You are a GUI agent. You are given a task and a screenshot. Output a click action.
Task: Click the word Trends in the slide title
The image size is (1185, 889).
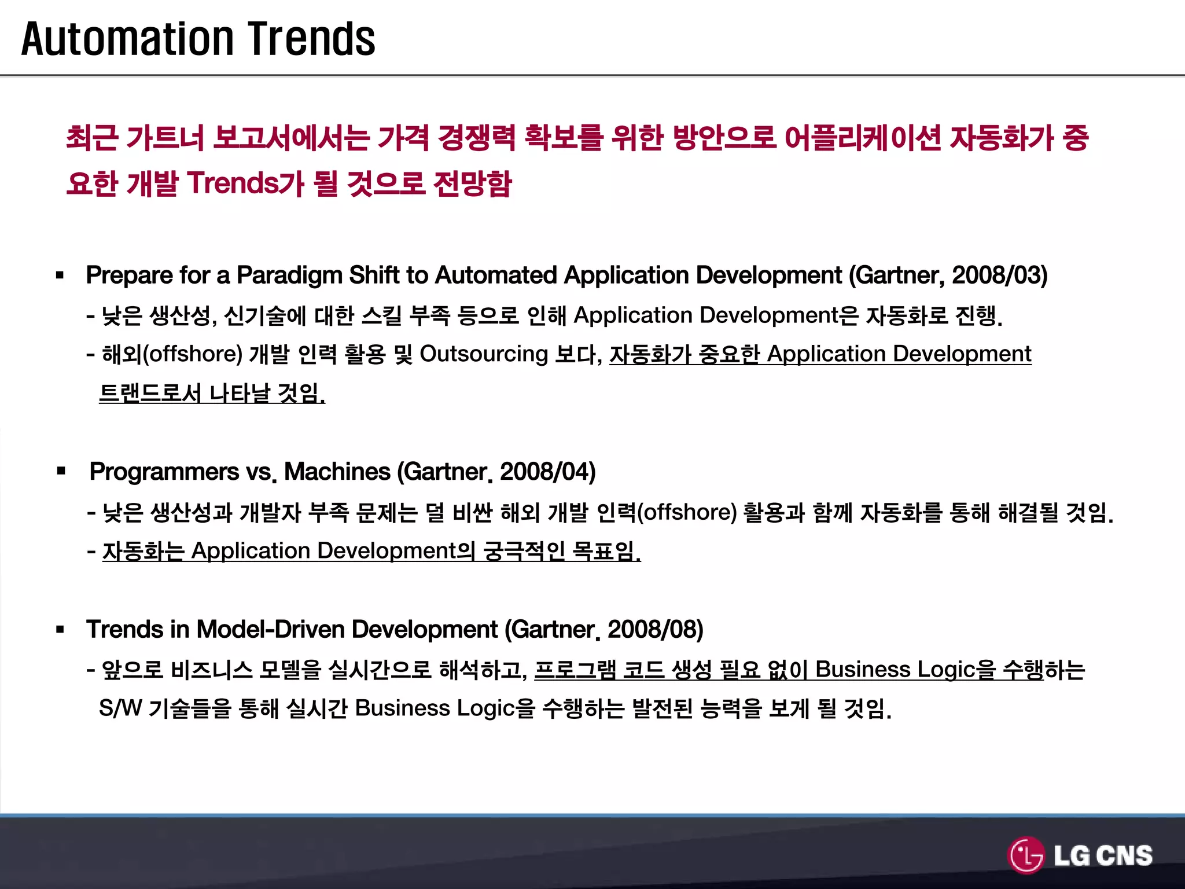312,39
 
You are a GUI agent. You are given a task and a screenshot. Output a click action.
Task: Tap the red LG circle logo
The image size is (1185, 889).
1026,855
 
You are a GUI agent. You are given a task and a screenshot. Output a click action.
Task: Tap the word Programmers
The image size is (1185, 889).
164,472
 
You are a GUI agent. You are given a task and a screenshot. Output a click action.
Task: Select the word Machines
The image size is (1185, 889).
337,472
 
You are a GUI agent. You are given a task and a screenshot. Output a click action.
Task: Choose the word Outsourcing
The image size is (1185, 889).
484,354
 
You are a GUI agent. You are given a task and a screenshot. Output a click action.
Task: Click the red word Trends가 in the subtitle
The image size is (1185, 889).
245,184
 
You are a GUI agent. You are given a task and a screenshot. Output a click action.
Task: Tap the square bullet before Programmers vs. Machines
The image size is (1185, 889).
61,471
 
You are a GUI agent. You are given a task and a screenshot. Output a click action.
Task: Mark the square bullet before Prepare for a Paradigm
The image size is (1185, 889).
60,275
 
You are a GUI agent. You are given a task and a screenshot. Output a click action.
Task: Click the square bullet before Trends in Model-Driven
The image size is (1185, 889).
60,630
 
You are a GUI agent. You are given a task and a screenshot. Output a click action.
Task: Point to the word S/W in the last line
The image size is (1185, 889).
120,708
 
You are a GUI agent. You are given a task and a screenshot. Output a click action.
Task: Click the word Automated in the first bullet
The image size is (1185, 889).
496,275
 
